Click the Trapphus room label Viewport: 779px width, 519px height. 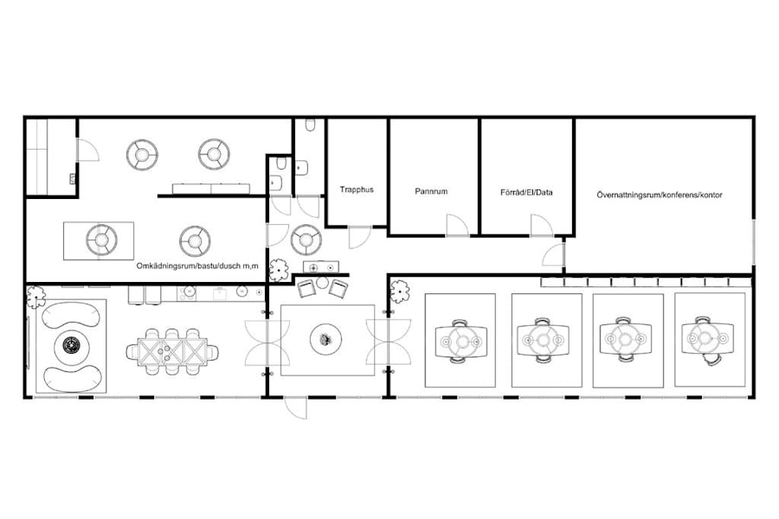[357, 189]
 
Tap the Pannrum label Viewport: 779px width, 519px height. [431, 192]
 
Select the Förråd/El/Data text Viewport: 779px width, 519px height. [526, 192]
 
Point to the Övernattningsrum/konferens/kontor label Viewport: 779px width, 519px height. [660, 195]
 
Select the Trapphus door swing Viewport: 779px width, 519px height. [359, 237]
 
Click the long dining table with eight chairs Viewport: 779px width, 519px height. [171, 350]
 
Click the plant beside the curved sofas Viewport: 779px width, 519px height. [35, 297]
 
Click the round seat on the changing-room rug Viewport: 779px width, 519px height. [100, 240]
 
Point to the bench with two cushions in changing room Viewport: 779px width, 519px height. [212, 188]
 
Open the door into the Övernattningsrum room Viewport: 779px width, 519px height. [554, 254]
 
